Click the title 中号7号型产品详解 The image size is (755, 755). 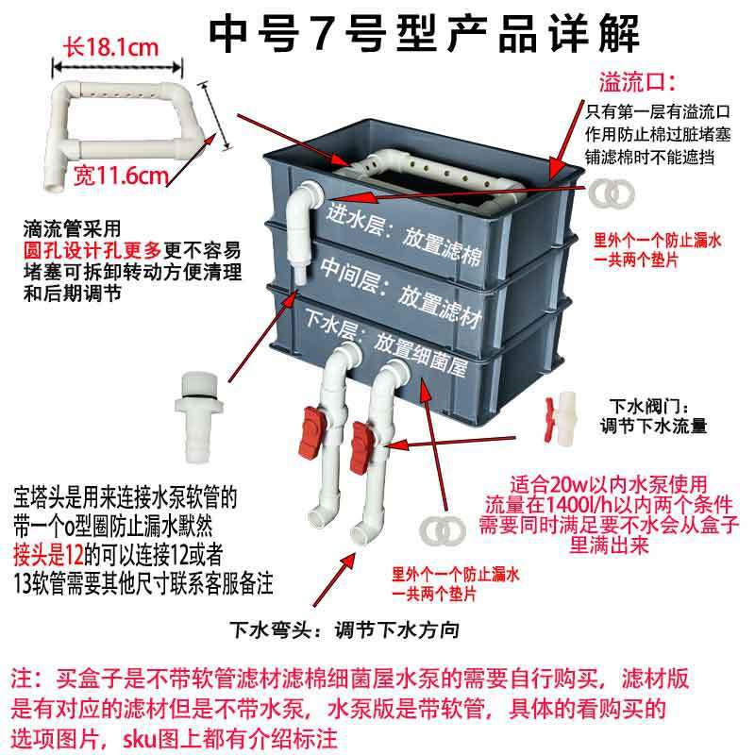click(424, 34)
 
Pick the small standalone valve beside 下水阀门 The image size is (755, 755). click(562, 409)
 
